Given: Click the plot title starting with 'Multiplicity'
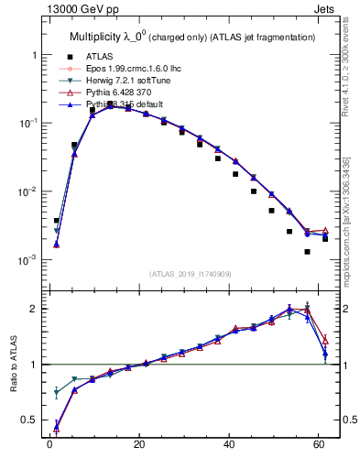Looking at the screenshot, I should (x=193, y=37).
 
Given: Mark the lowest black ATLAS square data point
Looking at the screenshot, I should (x=308, y=252).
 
